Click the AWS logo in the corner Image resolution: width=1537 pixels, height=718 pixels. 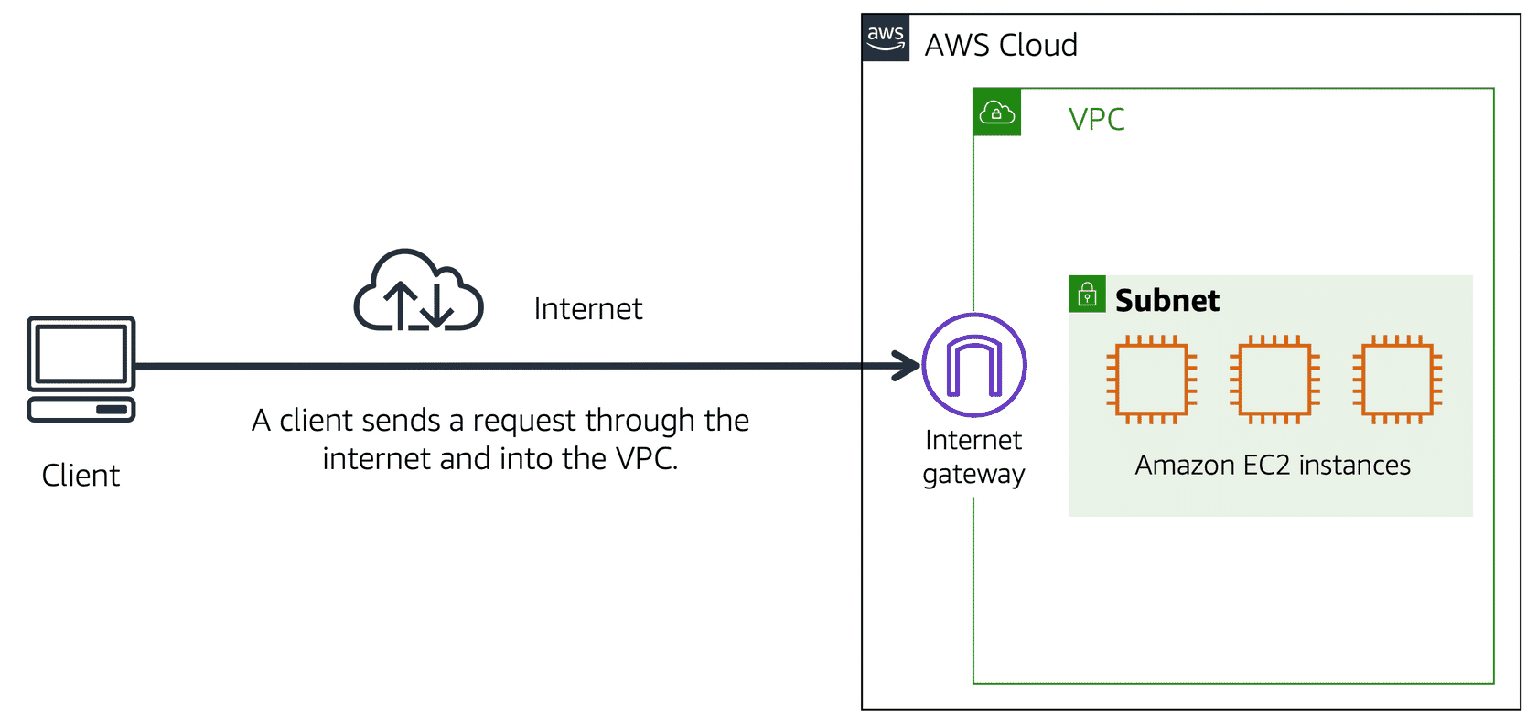886,38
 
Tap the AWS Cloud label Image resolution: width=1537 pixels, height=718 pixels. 1001,45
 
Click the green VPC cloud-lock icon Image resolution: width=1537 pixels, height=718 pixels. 997,112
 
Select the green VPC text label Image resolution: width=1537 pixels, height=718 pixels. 1096,119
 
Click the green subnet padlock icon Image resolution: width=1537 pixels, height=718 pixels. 1087,295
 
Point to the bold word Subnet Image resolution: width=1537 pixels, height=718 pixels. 1167,300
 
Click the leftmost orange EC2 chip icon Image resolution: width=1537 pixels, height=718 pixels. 1151,380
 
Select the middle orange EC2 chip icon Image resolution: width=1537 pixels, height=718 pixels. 1274,380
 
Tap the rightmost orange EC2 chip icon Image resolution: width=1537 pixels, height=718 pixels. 1397,380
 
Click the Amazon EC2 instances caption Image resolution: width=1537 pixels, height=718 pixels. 1273,465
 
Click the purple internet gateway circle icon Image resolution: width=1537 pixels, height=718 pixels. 974,365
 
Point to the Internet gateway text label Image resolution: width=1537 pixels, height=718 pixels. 973,457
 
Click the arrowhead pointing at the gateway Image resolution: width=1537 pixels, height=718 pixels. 908,366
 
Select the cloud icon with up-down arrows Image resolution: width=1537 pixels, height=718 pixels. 419,290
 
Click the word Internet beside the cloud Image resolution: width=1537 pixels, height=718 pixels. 588,309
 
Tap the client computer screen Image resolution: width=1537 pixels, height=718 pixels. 81,354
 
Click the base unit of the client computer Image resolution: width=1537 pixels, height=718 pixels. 81,410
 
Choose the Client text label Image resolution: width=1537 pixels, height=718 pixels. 81,476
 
